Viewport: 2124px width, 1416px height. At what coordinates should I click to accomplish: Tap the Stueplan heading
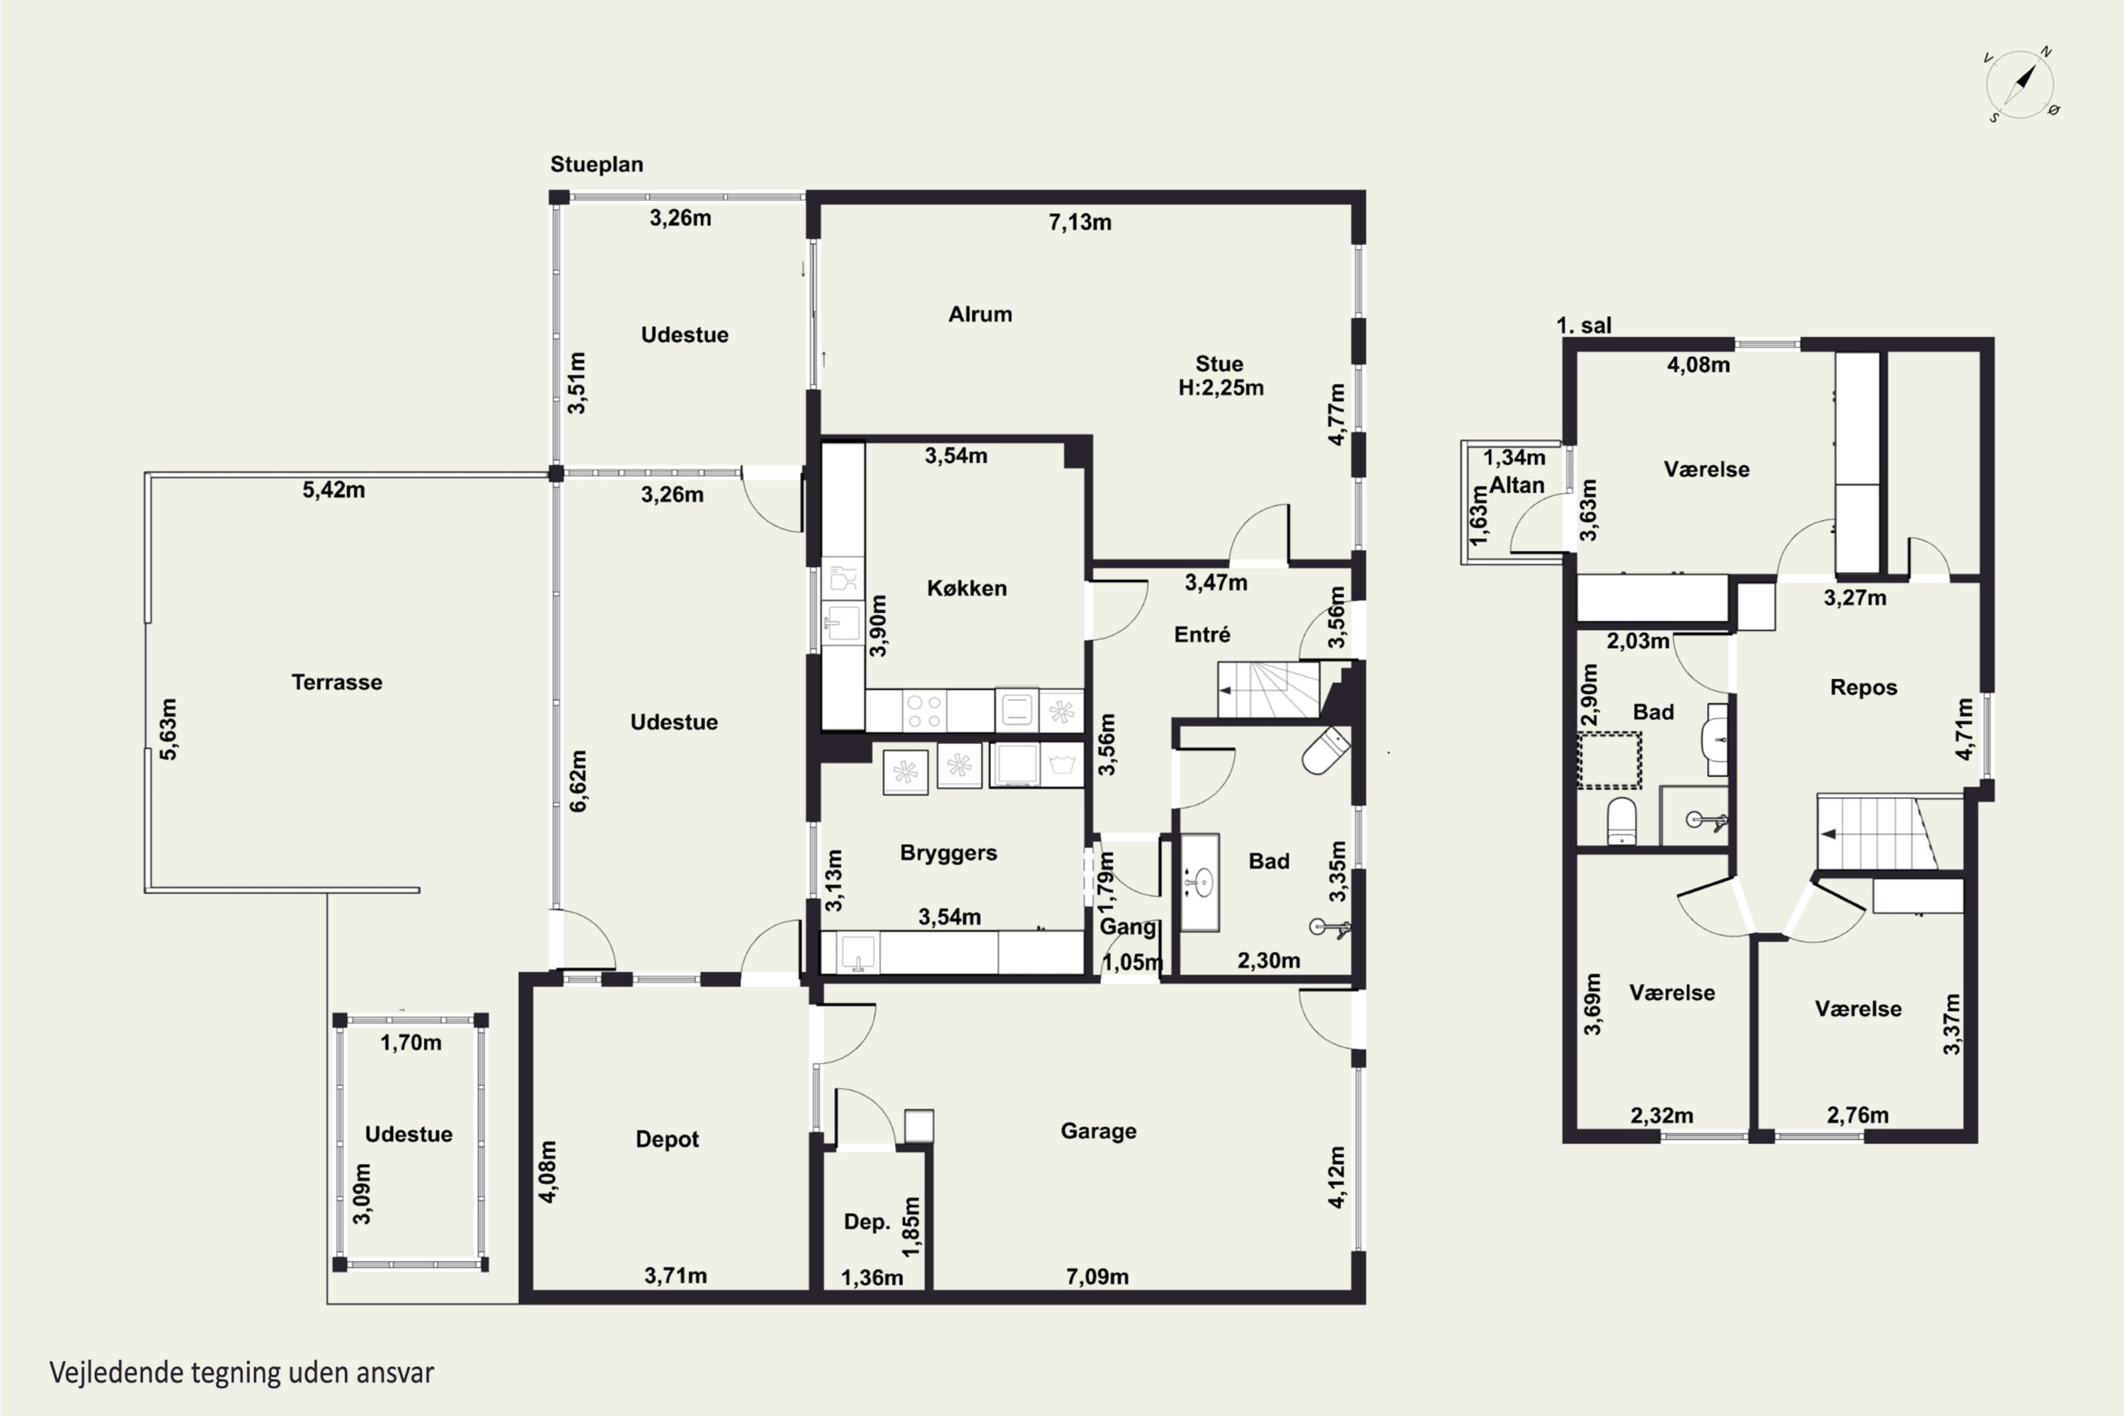597,164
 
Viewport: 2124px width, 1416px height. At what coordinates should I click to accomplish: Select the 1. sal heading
1584,325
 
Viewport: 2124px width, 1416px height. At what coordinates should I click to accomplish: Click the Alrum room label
980,314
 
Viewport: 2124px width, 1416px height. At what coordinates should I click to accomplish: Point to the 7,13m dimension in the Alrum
1080,222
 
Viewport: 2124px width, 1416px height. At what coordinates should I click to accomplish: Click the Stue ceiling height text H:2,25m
1221,387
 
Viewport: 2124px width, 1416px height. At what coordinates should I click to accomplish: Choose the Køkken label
966,588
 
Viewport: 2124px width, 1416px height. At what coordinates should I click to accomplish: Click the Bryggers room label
948,852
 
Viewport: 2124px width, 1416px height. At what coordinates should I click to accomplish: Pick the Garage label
1098,1131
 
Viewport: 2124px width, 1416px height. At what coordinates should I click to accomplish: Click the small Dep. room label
867,1222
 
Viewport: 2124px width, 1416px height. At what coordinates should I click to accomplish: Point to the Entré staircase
1269,689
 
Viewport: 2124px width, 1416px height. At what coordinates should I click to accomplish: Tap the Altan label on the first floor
1517,485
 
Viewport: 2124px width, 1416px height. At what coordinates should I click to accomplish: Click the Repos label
1863,687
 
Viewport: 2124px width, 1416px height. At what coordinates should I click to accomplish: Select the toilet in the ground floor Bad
1325,751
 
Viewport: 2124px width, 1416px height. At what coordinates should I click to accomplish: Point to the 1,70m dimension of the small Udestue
411,1043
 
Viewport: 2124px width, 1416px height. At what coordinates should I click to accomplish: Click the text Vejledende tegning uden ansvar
241,1373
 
